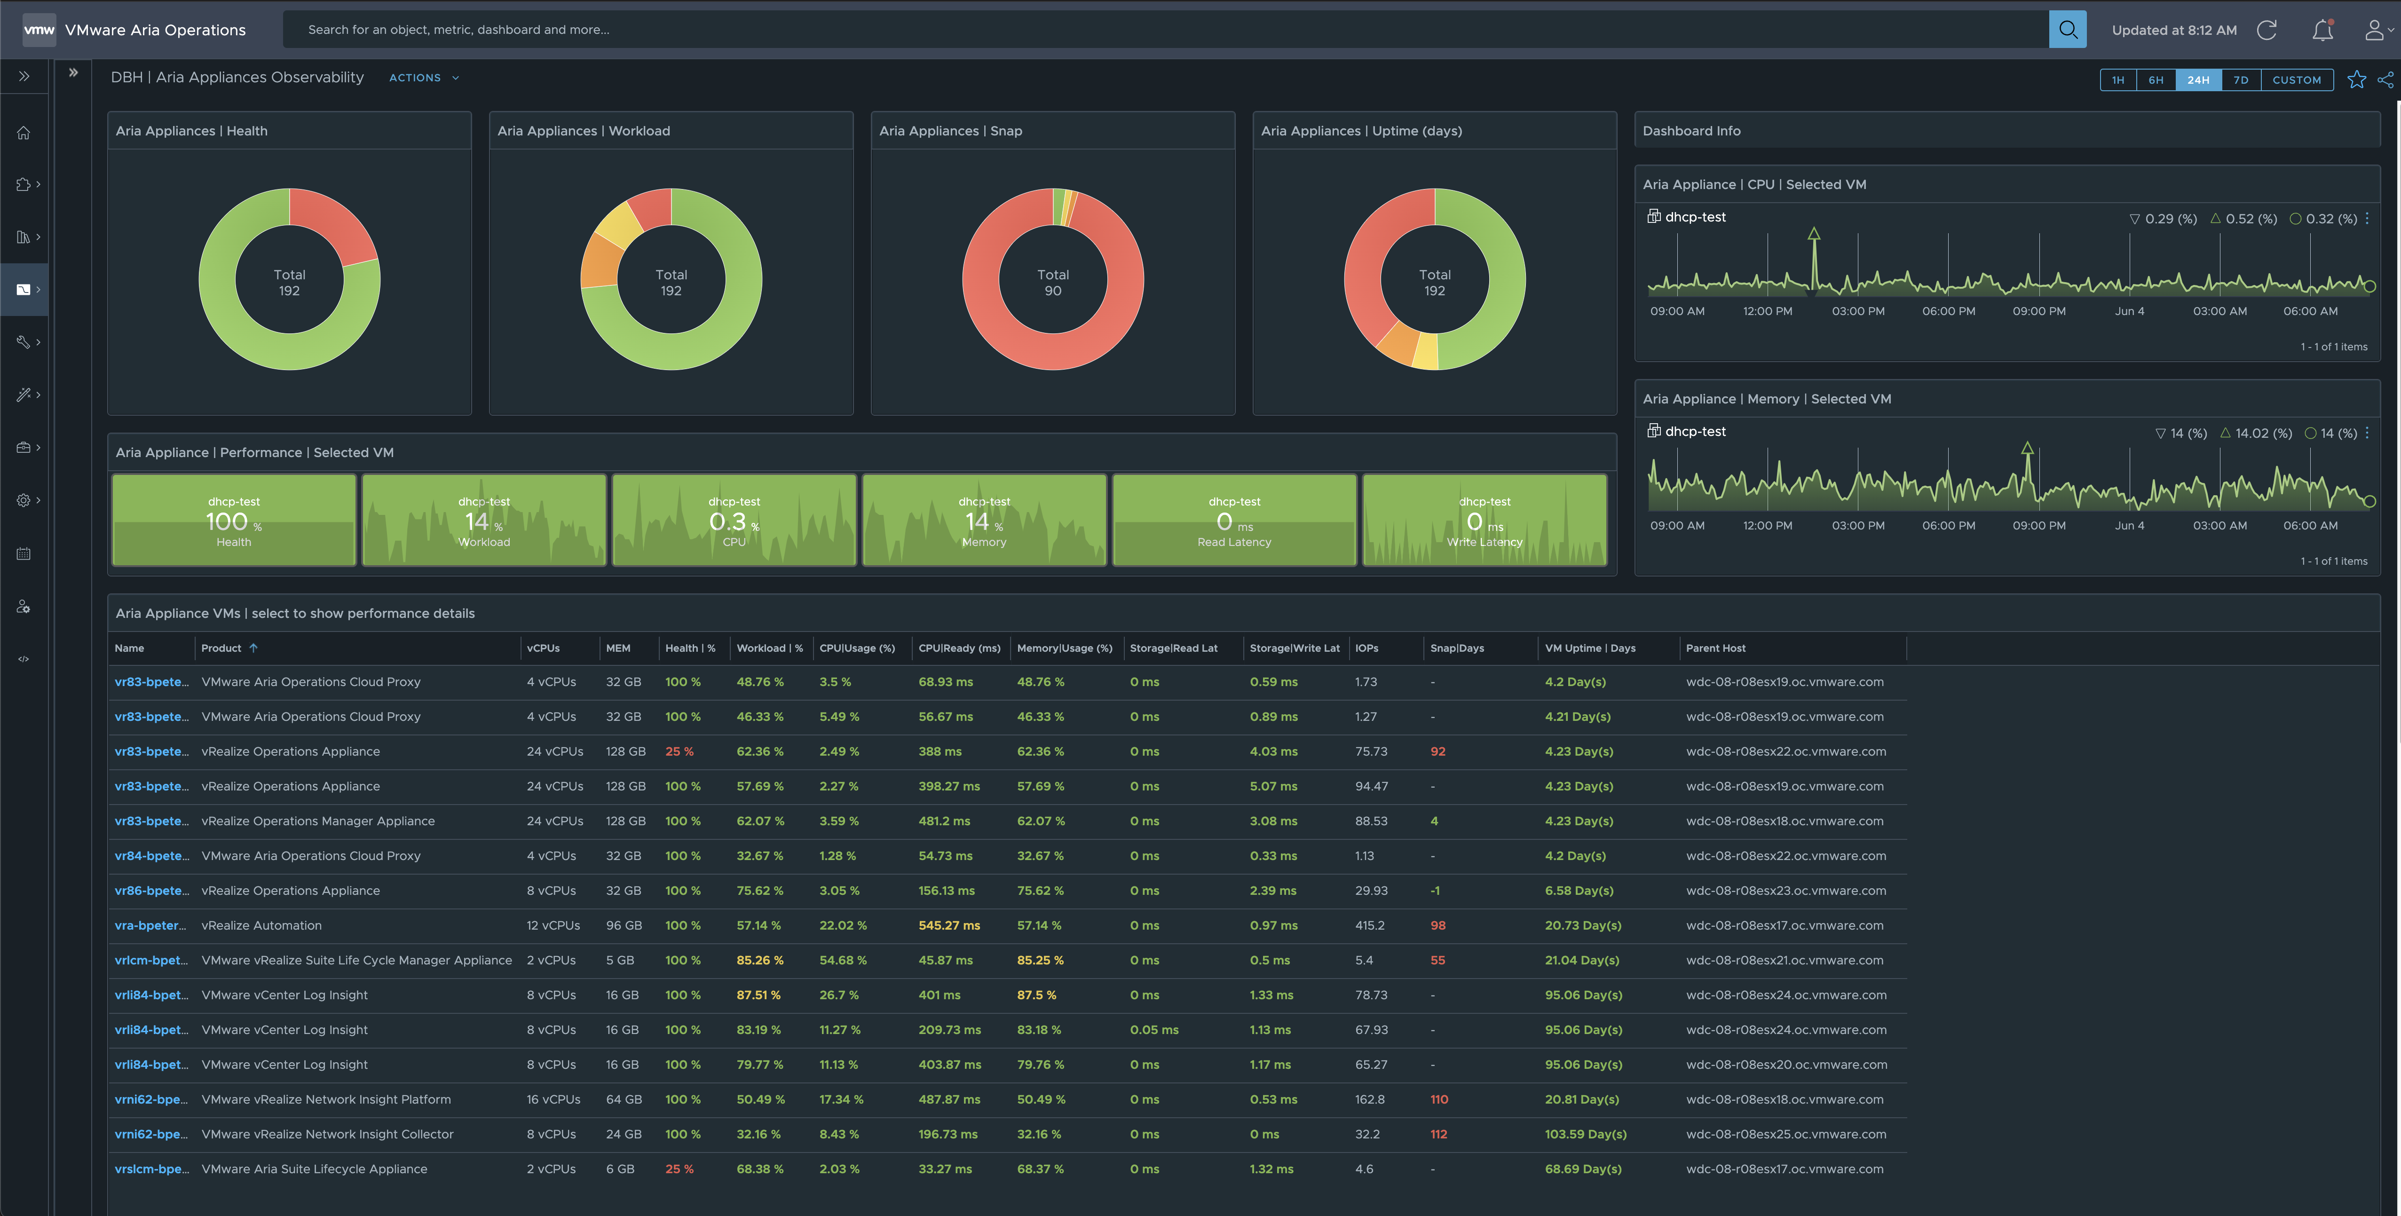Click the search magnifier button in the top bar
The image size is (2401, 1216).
click(2067, 30)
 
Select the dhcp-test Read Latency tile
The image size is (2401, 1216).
click(1234, 520)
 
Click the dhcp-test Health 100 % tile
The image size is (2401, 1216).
click(234, 520)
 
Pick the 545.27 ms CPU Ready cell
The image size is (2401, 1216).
click(949, 925)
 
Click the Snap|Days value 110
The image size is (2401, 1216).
click(1439, 1099)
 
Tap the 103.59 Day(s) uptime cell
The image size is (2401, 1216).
click(1586, 1134)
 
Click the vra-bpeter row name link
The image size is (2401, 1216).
click(150, 925)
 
